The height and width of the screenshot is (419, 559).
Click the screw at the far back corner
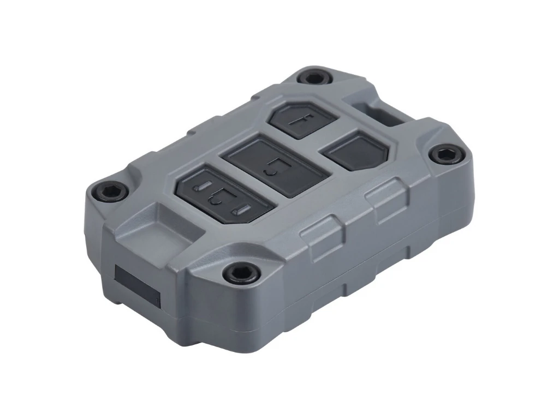pyautogui.click(x=314, y=77)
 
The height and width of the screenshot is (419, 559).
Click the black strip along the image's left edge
pyautogui.click(x=34, y=209)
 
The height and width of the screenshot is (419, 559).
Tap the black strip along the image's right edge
pyautogui.click(x=524, y=209)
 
